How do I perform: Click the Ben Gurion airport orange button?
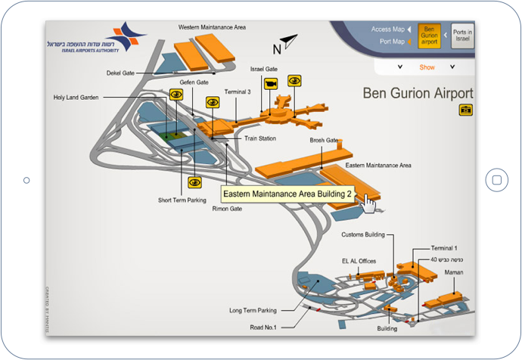tap(429, 35)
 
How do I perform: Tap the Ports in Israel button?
tap(462, 35)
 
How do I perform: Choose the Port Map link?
tap(391, 42)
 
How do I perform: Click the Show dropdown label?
tap(427, 67)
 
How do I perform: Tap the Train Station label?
tap(259, 138)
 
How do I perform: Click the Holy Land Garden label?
tap(76, 97)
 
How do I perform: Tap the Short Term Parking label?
tap(182, 200)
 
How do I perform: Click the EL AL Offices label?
tap(359, 262)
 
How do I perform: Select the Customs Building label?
tap(364, 234)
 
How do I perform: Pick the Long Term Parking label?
tap(253, 310)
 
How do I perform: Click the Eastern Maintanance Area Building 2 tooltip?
tap(287, 194)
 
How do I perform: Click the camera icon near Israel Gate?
tap(269, 84)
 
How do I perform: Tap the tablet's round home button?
tap(496, 180)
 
